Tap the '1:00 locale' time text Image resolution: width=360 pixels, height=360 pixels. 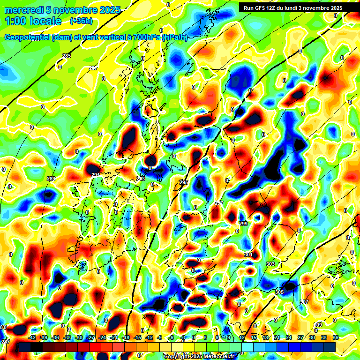coord(33,21)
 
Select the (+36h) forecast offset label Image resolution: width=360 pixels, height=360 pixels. coord(81,21)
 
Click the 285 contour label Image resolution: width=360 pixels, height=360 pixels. coord(67,56)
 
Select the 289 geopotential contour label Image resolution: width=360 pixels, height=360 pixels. coord(51,179)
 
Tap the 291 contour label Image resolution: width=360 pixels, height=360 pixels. coord(96,175)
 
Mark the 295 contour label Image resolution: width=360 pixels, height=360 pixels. coord(184,182)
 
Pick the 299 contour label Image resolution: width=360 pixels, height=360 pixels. coord(243,224)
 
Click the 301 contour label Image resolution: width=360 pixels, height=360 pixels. coord(248,255)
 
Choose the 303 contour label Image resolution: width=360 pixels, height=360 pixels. coord(270,264)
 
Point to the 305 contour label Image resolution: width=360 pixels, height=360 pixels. coord(279,292)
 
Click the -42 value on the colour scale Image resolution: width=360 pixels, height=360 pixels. coord(32,337)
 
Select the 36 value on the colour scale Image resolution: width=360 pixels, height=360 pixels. coord(336,337)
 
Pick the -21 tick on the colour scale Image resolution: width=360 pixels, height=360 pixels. coord(114,337)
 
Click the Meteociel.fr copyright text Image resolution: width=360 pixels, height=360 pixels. coord(199,356)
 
